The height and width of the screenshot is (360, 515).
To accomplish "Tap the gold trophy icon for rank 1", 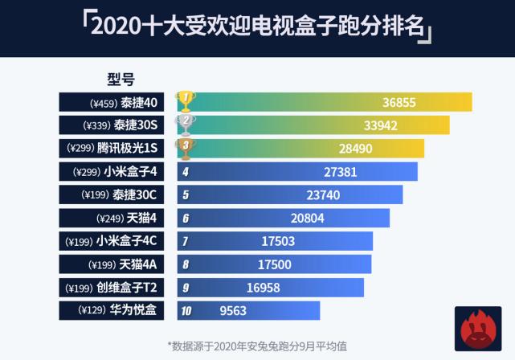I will click(186, 101).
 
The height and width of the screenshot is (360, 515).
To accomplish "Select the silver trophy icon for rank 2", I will click(186, 125).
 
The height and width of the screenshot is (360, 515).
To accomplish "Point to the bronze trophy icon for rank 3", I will click(186, 148).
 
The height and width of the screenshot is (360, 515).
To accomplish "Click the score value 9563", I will click(234, 310).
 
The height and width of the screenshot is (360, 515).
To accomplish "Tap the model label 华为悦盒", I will click(135, 310).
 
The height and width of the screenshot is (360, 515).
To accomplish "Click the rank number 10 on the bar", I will click(186, 310).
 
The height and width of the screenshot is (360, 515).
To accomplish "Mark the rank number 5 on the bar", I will click(186, 194).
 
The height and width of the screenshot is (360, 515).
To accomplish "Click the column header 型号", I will click(121, 80).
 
